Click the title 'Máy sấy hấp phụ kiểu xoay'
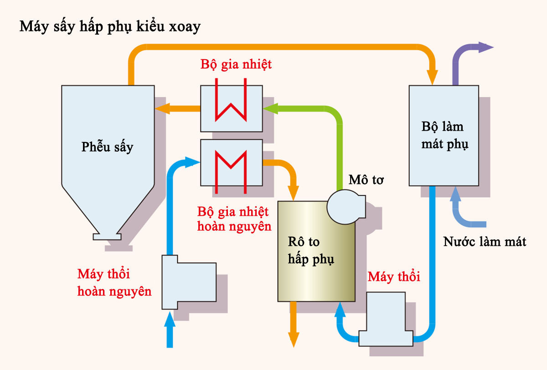point(110,26)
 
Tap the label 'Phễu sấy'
point(108,147)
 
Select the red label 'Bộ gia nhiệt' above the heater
point(236,64)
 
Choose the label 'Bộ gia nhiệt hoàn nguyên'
point(234,219)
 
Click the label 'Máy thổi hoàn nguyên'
point(114,283)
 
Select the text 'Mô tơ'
point(366,180)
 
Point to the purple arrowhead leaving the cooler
point(485,47)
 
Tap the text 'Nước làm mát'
point(485,241)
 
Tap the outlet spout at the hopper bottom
point(107,237)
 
